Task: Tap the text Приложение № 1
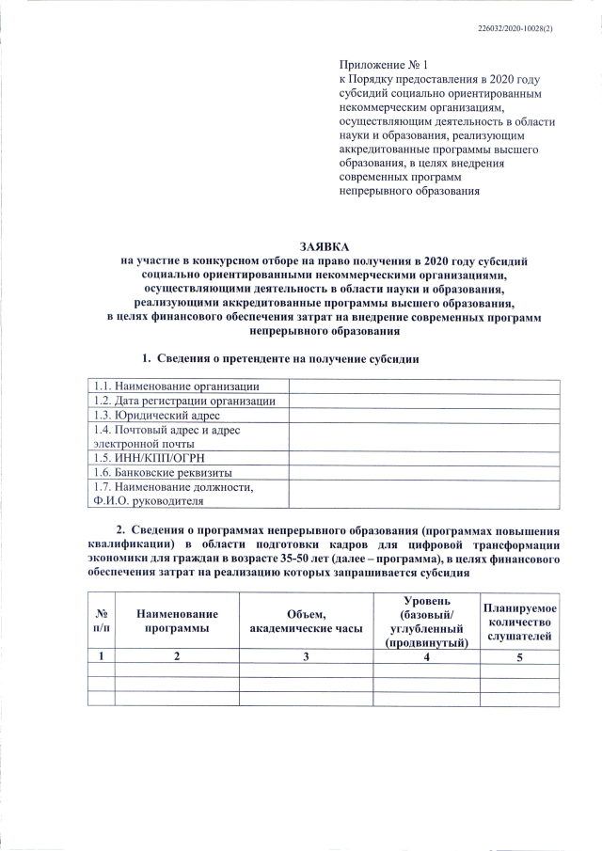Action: coord(383,66)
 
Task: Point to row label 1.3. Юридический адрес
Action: coord(156,415)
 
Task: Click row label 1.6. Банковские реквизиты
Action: coord(162,472)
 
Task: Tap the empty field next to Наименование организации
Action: coord(423,386)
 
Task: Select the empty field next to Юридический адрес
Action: coord(423,415)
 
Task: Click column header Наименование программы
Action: coord(176,621)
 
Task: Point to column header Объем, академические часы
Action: coord(306,621)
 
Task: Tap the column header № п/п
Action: coord(101,621)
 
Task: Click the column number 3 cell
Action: coord(306,656)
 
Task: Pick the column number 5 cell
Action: coord(520,656)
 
